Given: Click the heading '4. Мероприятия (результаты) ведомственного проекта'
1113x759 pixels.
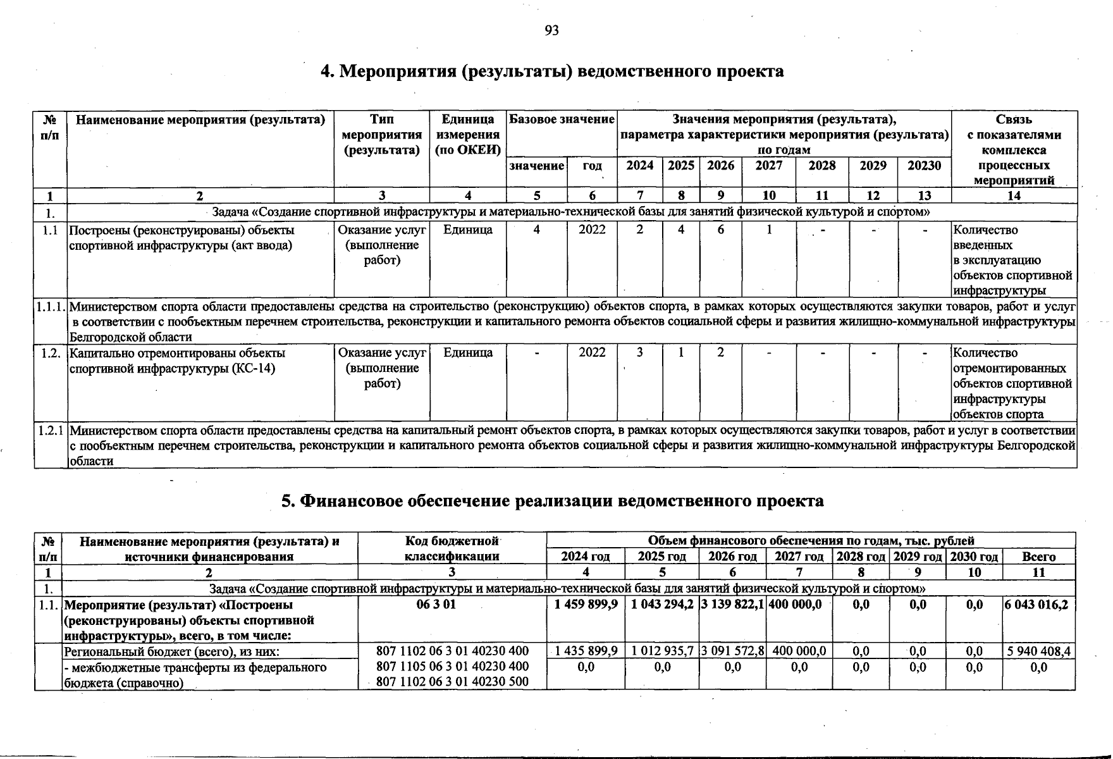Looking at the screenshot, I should [551, 71].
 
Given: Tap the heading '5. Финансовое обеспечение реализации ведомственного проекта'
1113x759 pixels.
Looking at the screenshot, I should [552, 501].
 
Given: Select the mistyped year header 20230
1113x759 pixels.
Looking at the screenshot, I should [924, 166].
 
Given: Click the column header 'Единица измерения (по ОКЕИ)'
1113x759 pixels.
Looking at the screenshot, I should [467, 135].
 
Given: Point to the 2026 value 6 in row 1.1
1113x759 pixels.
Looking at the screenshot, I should [720, 230].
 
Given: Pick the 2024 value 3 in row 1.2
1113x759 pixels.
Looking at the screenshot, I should [640, 353].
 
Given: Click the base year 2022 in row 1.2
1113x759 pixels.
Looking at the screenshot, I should [592, 353].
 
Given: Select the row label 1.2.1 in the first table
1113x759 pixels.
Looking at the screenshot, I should [51, 431].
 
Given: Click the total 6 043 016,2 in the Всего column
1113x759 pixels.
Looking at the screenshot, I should [1038, 605].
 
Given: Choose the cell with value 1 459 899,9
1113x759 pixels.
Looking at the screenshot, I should [586, 605].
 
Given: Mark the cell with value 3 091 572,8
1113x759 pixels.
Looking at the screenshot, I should [732, 651].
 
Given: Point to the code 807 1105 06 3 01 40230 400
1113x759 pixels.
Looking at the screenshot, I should [452, 667].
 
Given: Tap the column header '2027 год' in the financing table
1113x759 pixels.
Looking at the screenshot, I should [799, 557].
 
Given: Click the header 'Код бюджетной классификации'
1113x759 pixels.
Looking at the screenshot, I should [452, 548].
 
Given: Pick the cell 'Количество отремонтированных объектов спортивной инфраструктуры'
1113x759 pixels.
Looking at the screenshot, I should [1013, 383].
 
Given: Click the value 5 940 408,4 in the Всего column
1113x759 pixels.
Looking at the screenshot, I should [1038, 651].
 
